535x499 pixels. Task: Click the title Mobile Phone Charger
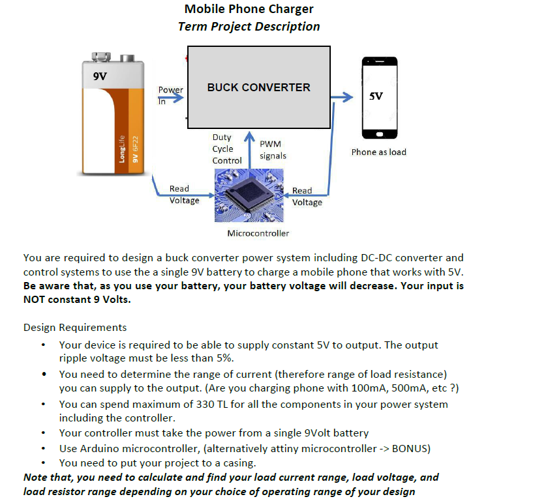[x=249, y=9]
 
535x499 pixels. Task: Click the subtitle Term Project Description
[x=249, y=27]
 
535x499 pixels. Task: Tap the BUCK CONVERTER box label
[x=258, y=87]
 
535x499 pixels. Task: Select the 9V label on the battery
[x=100, y=77]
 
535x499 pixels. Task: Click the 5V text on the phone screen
[x=376, y=96]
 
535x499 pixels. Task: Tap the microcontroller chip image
[x=249, y=195]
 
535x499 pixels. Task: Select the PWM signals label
[x=272, y=150]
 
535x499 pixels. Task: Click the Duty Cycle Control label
[x=226, y=149]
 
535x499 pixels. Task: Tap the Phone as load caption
[x=378, y=152]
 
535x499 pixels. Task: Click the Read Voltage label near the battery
[x=183, y=194]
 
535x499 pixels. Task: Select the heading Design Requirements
[x=75, y=327]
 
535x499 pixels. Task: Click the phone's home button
[x=379, y=134]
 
